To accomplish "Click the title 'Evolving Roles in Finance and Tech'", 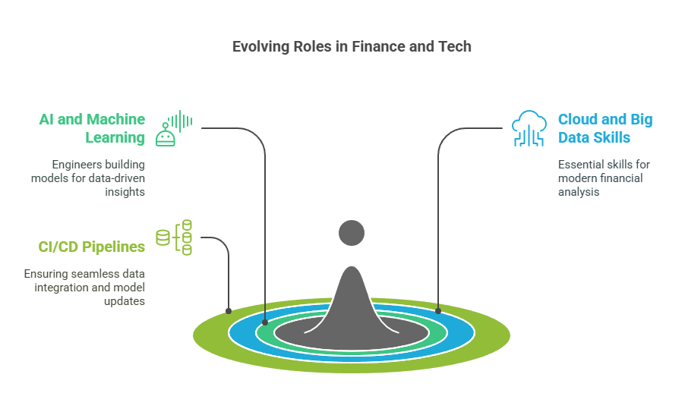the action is [352, 47].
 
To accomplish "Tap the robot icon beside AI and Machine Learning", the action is [174, 128].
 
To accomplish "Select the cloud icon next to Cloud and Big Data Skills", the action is [529, 128].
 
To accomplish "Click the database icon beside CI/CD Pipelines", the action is [174, 237].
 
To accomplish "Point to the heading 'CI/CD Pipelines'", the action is [92, 247].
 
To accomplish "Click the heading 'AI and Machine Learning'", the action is [92, 128].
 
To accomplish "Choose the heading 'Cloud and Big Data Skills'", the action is [605, 128].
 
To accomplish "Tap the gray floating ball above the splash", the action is [352, 233].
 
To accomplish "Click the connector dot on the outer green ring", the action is [229, 311].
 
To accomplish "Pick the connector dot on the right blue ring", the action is [438, 311].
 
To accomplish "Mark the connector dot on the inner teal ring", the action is [265, 322].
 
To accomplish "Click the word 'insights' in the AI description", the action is [125, 192].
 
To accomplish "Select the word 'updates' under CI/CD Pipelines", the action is [125, 301].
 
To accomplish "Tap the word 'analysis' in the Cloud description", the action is [579, 192].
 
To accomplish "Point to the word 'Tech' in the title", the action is [455, 47].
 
